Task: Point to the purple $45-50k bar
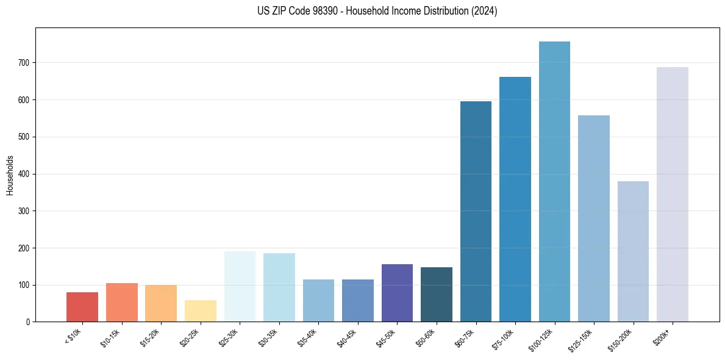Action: click(397, 293)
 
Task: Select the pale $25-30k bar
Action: click(240, 286)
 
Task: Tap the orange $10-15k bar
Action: click(122, 303)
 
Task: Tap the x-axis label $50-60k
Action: click(426, 337)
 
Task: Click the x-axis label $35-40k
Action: click(308, 337)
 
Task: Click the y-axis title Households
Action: click(10, 175)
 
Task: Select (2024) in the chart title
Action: click(485, 11)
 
